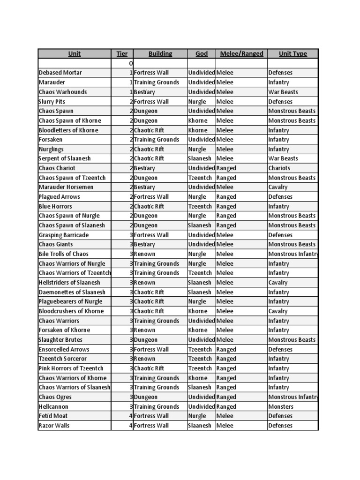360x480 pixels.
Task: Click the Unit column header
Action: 74,54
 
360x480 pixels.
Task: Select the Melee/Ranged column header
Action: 241,54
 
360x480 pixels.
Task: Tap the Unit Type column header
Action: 292,54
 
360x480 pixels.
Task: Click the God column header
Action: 202,54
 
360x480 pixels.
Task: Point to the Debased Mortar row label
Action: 60,73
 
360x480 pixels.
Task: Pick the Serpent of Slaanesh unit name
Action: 64,158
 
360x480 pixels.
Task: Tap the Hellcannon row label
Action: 53,406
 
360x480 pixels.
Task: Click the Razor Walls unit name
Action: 54,426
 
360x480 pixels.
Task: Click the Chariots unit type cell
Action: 279,168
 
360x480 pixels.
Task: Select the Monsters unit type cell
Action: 281,406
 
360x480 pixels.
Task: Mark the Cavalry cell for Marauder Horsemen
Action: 278,187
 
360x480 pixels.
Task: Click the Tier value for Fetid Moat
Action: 131,416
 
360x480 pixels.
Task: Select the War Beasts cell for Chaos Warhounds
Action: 283,92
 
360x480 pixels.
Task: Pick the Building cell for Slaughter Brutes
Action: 145,340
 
